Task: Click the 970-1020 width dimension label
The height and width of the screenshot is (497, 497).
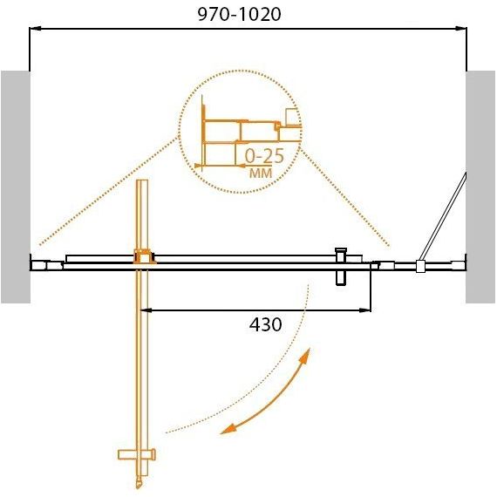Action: [239, 14]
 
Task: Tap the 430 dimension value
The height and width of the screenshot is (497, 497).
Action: [266, 324]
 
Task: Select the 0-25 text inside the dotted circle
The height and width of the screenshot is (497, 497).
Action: [264, 156]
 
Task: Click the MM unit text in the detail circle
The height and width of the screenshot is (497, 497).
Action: [261, 173]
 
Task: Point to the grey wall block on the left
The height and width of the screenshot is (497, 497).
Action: [16, 187]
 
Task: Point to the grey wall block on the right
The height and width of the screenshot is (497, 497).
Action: [480, 187]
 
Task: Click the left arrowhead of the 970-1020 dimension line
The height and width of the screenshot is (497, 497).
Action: [35, 29]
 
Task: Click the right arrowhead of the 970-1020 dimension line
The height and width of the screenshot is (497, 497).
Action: [461, 29]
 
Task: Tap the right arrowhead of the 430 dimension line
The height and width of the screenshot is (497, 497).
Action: [364, 310]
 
